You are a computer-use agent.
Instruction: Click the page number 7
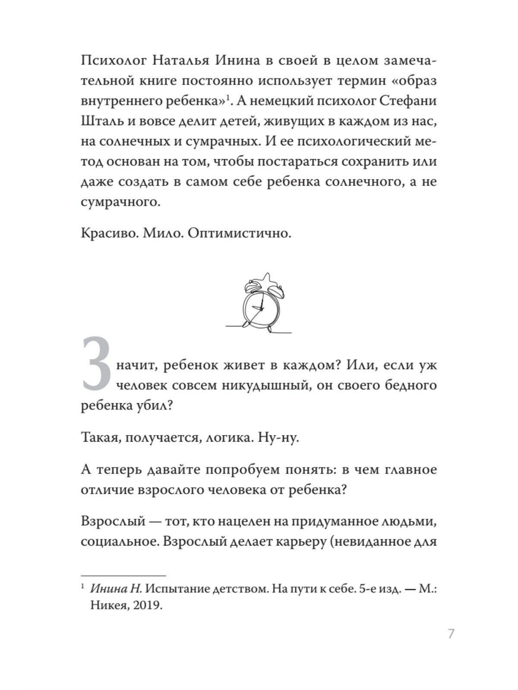click(x=451, y=634)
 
